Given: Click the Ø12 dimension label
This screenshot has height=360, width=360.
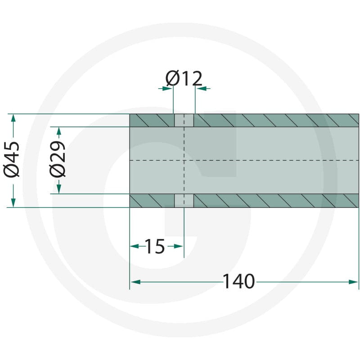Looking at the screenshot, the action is [184, 78].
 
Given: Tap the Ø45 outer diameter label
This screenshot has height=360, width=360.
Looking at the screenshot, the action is [12, 160].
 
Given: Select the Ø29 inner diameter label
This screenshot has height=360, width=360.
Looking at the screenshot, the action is [58, 159].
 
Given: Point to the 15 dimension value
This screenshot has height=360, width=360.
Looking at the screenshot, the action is [155, 246].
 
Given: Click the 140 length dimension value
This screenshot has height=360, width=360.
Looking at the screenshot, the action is [239, 282].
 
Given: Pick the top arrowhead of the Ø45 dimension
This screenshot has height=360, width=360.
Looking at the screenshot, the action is [13, 119].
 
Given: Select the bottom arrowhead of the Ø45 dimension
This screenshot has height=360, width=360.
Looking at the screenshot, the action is [13, 202].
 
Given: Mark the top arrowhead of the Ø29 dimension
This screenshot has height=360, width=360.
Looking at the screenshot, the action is [59, 131].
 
